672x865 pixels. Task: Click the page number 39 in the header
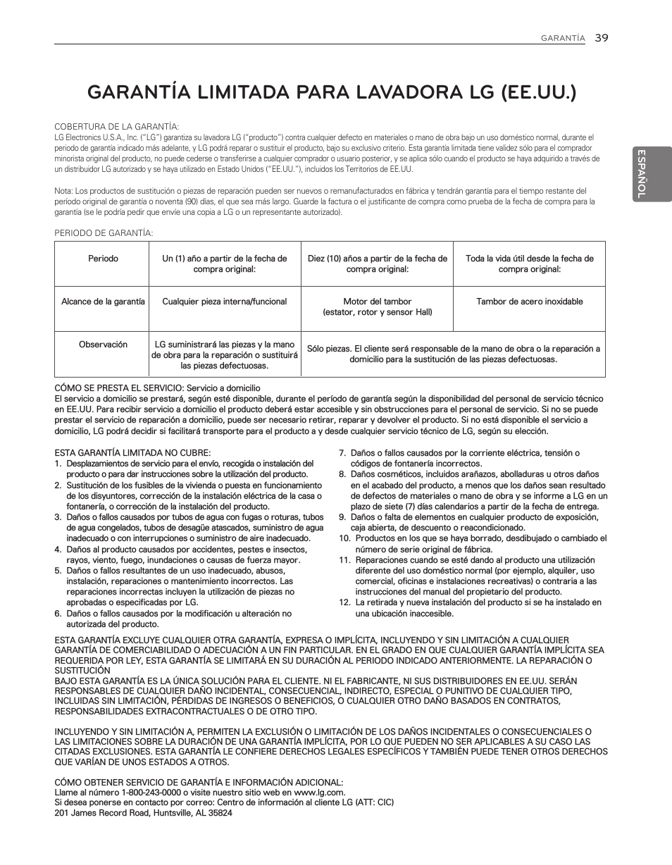(x=600, y=38)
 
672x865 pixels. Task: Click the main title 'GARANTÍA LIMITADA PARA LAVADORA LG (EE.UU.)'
(x=331, y=92)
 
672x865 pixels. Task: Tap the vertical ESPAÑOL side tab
(x=641, y=173)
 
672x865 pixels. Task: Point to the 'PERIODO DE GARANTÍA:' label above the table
(x=104, y=233)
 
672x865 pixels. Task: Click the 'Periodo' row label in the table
(x=103, y=259)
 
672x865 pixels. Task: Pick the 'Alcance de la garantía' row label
(x=103, y=301)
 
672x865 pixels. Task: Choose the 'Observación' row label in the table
(x=103, y=344)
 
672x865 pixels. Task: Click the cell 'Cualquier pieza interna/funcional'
(x=225, y=301)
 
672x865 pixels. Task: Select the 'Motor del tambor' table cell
(x=377, y=306)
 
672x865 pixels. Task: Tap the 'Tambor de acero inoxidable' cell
(x=529, y=301)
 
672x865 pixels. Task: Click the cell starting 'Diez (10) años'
(x=377, y=263)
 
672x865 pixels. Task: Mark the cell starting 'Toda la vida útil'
(x=529, y=263)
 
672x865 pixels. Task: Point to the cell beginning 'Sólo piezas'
(x=453, y=354)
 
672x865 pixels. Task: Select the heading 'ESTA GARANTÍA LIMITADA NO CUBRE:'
(x=132, y=453)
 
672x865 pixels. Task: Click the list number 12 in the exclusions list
(x=344, y=602)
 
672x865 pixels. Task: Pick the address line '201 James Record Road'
(x=144, y=812)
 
